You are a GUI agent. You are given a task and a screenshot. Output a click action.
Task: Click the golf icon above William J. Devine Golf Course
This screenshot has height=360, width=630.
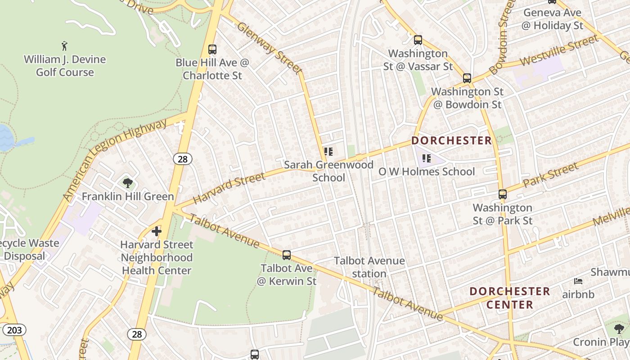(x=65, y=46)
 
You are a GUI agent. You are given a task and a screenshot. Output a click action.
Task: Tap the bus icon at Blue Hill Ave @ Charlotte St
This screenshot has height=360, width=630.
(x=212, y=49)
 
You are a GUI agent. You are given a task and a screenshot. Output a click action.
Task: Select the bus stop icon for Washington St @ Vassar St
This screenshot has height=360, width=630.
(x=418, y=40)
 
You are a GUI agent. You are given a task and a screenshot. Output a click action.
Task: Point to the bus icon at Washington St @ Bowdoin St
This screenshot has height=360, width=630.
(x=467, y=78)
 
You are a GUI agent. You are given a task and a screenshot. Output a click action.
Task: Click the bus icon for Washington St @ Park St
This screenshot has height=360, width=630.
(x=503, y=194)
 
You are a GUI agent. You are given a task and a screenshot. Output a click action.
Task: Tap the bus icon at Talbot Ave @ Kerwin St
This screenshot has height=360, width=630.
(x=287, y=255)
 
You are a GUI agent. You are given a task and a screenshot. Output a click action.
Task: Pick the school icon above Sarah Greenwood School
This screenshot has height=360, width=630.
(x=328, y=152)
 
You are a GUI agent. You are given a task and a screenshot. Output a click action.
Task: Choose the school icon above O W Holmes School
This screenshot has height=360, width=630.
(x=427, y=158)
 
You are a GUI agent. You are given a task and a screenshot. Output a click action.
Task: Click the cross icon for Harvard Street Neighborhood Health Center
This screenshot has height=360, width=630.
(x=157, y=232)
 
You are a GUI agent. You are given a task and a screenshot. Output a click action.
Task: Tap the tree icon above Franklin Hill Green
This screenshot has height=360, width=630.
(x=128, y=183)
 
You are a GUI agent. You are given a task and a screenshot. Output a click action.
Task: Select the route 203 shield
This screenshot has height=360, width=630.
(x=14, y=330)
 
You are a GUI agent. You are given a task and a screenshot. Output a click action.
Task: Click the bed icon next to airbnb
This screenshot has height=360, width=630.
(x=579, y=282)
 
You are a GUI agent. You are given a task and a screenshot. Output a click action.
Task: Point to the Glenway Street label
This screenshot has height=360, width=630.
(x=269, y=48)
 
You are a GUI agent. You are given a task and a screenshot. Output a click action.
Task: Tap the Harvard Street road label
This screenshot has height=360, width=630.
(x=229, y=188)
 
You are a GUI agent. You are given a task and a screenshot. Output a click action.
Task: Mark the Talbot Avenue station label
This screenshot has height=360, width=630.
(x=369, y=267)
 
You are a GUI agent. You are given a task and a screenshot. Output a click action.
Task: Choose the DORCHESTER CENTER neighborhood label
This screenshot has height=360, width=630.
(x=510, y=298)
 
